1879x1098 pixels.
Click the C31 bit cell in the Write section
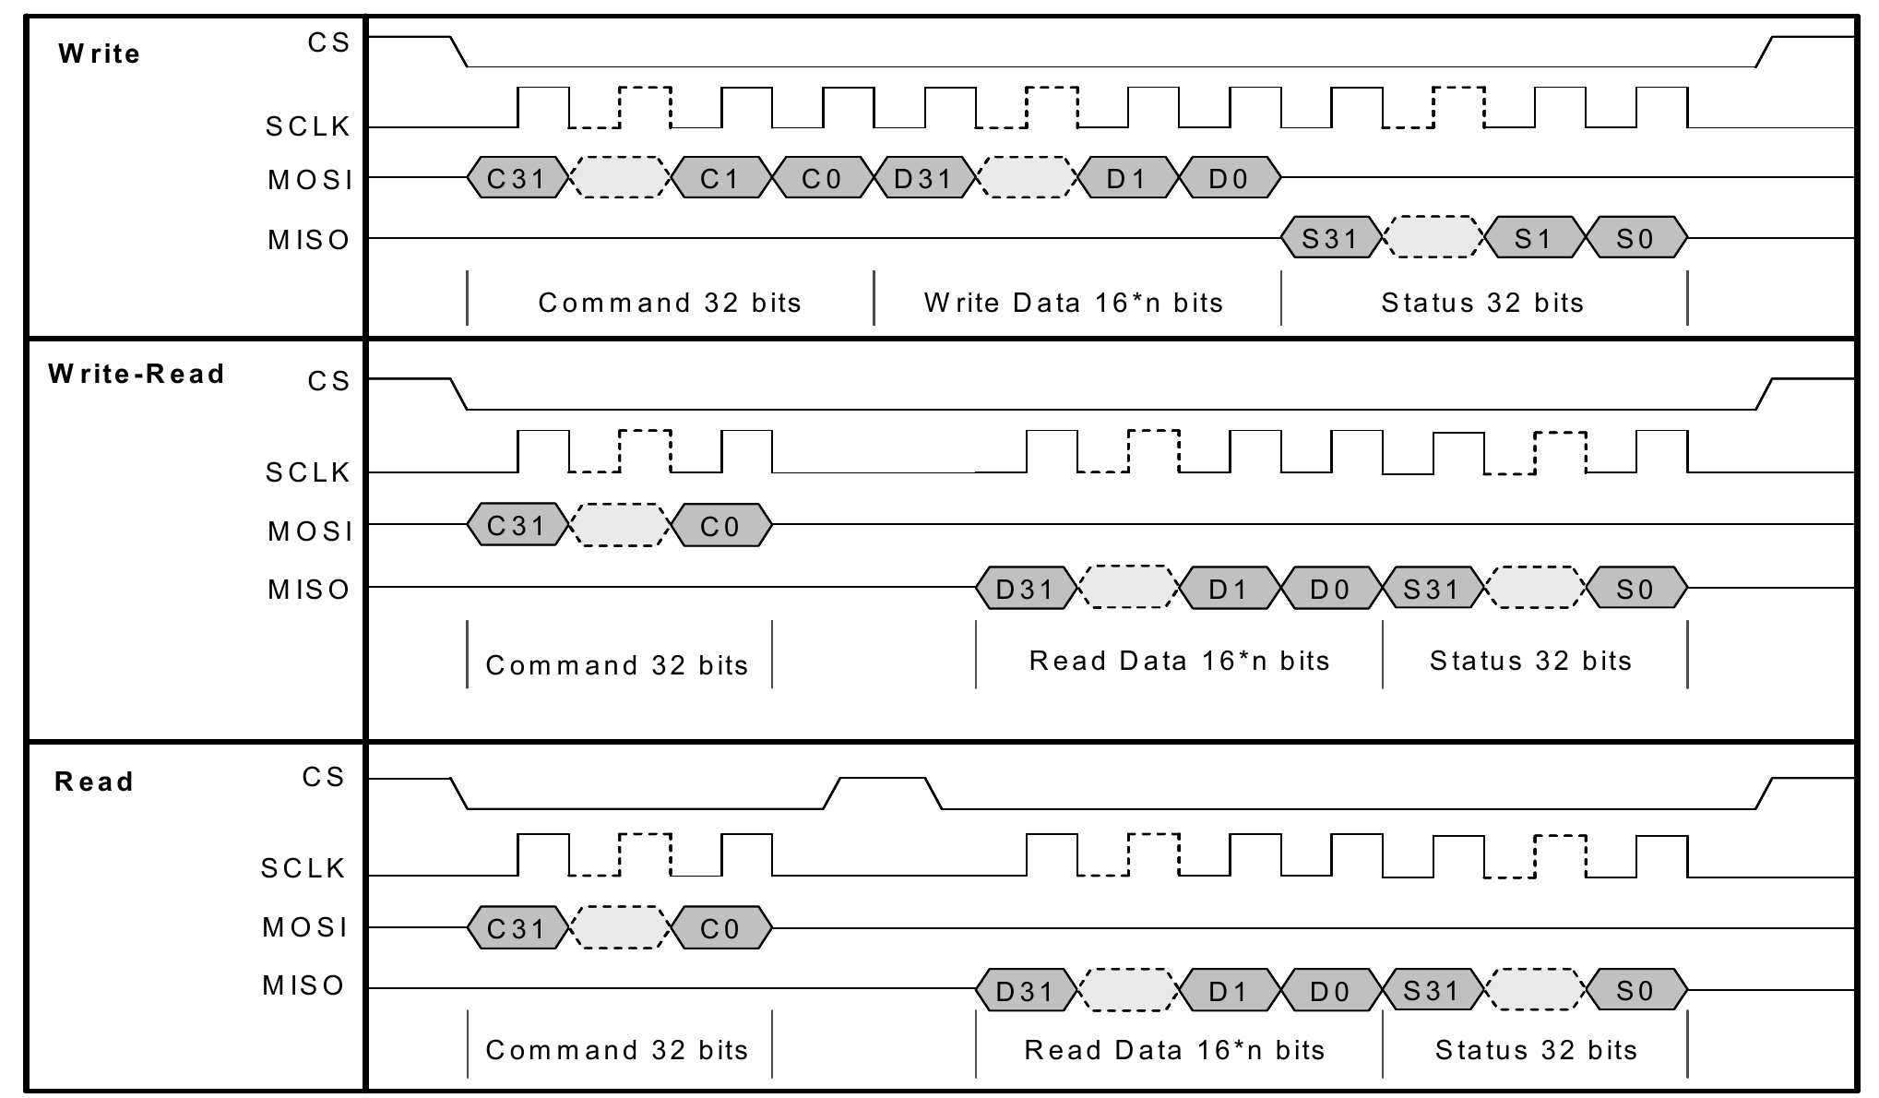[516, 178]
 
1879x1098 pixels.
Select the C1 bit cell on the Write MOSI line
[719, 178]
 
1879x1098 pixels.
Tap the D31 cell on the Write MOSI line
[922, 178]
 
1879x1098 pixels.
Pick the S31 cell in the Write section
[1330, 239]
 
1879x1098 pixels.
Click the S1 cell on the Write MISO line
[1534, 239]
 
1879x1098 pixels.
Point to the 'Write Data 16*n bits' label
[1074, 303]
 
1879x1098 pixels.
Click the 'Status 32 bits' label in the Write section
[1482, 303]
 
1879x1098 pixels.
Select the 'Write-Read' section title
[137, 374]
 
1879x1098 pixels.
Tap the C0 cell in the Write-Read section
[719, 526]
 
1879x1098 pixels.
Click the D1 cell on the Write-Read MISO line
[1229, 589]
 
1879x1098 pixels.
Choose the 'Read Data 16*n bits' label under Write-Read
[1179, 661]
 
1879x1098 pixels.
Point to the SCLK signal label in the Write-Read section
[308, 472]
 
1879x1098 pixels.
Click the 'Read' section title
[94, 782]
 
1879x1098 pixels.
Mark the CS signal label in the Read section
[323, 777]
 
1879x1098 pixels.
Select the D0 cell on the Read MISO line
[1330, 991]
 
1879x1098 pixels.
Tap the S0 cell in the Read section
[1635, 991]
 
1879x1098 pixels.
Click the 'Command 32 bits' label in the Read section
[617, 1050]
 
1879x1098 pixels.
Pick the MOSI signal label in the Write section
[311, 180]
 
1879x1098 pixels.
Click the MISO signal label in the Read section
[303, 985]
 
